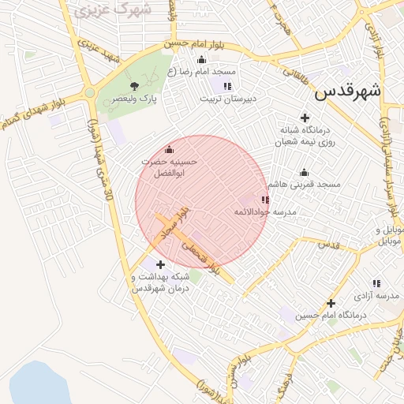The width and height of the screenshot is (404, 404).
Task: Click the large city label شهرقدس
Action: pyautogui.click(x=347, y=92)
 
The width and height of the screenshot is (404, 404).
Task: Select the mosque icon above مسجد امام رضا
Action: pyautogui.click(x=201, y=59)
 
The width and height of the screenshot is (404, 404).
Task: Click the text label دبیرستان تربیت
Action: pyautogui.click(x=228, y=99)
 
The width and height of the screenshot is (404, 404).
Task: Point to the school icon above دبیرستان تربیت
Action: pyautogui.click(x=227, y=86)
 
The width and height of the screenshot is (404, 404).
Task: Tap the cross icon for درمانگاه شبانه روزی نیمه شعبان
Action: pyautogui.click(x=305, y=118)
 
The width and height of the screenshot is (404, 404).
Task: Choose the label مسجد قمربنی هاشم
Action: pyautogui.click(x=304, y=184)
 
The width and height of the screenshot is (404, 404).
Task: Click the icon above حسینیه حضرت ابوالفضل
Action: pyautogui.click(x=168, y=149)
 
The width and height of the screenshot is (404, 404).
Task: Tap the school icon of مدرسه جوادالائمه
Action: pyautogui.click(x=264, y=200)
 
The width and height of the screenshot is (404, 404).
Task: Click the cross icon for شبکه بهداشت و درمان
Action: pyautogui.click(x=161, y=264)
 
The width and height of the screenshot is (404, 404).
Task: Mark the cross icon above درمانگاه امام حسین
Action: pyautogui.click(x=331, y=303)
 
